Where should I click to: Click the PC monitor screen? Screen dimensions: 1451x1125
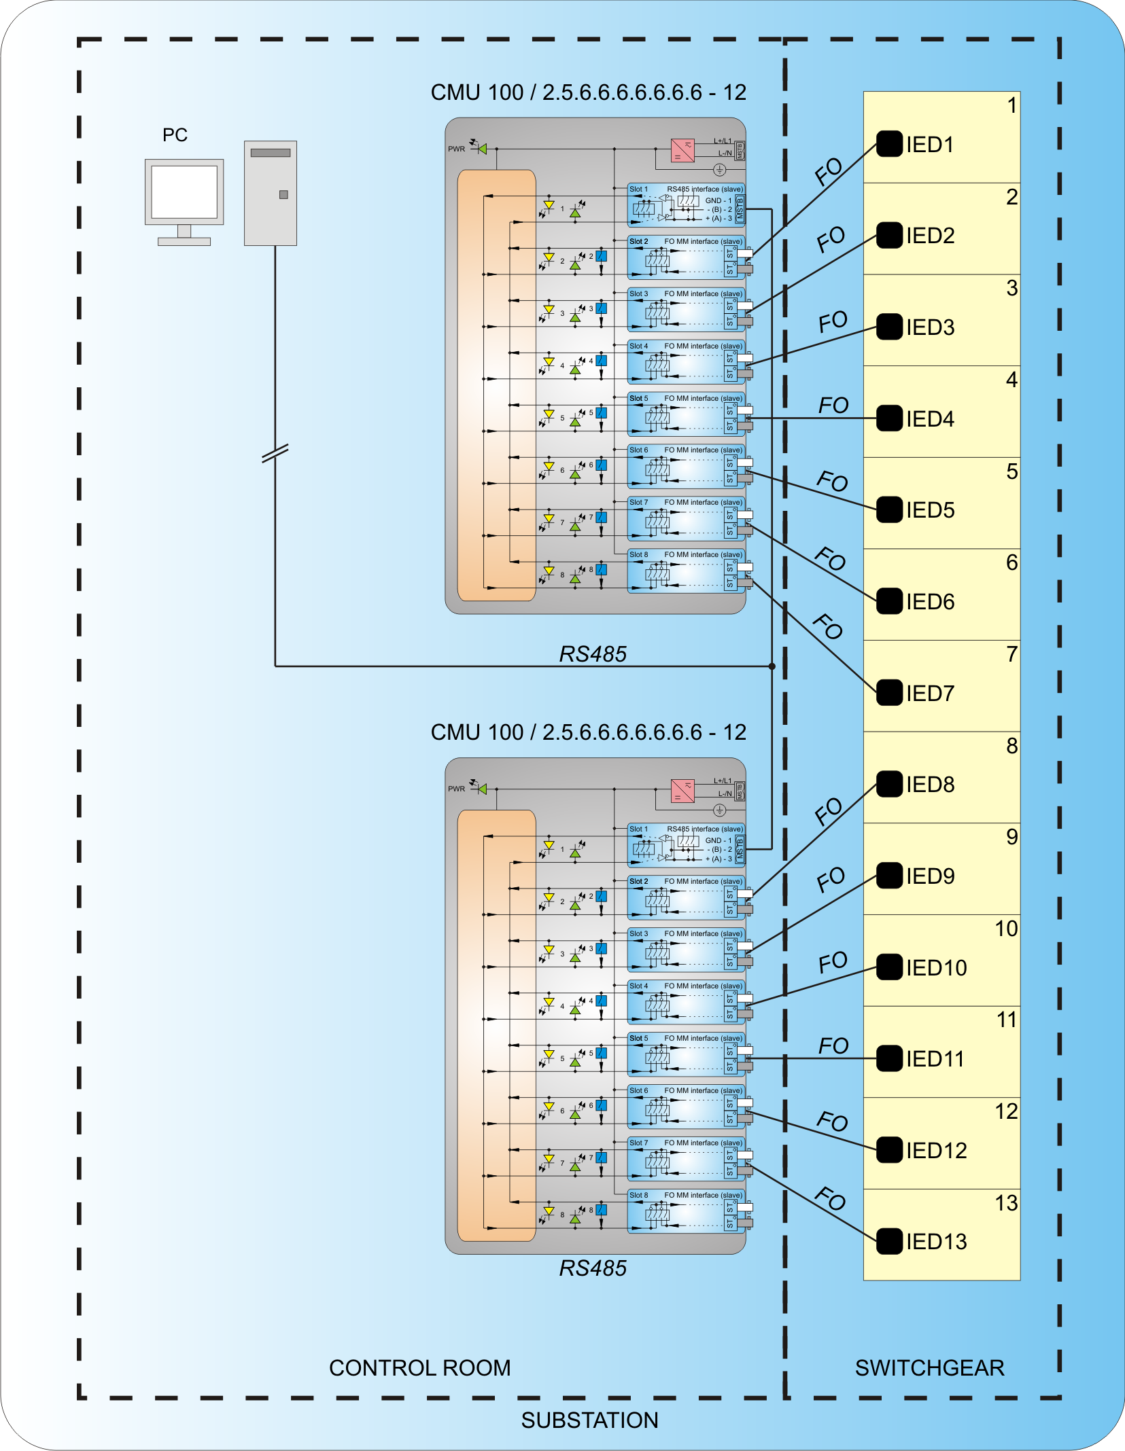coord(184,191)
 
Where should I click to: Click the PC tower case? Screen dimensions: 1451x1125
coord(271,193)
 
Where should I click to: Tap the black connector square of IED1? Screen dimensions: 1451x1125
coord(889,144)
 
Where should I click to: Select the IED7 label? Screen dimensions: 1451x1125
coord(930,694)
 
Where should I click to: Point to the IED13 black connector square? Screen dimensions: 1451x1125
coord(889,1241)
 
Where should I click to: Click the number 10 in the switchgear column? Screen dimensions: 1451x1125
coord(1006,929)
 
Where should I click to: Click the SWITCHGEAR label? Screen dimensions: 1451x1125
coord(929,1367)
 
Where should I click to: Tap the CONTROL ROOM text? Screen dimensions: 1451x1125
coord(419,1367)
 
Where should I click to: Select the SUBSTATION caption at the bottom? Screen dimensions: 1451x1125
coord(589,1420)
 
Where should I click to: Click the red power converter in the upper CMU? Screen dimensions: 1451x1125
coord(682,150)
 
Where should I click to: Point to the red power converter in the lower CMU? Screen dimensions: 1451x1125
coord(682,791)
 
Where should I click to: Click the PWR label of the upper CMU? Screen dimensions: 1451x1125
coord(456,149)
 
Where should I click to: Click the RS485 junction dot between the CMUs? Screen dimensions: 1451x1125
coord(772,666)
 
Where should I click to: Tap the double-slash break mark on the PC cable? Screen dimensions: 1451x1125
coord(275,453)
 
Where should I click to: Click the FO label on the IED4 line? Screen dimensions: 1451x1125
coord(833,406)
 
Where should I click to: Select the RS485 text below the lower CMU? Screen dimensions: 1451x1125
coord(593,1268)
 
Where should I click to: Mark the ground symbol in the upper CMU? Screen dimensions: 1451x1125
coord(719,170)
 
